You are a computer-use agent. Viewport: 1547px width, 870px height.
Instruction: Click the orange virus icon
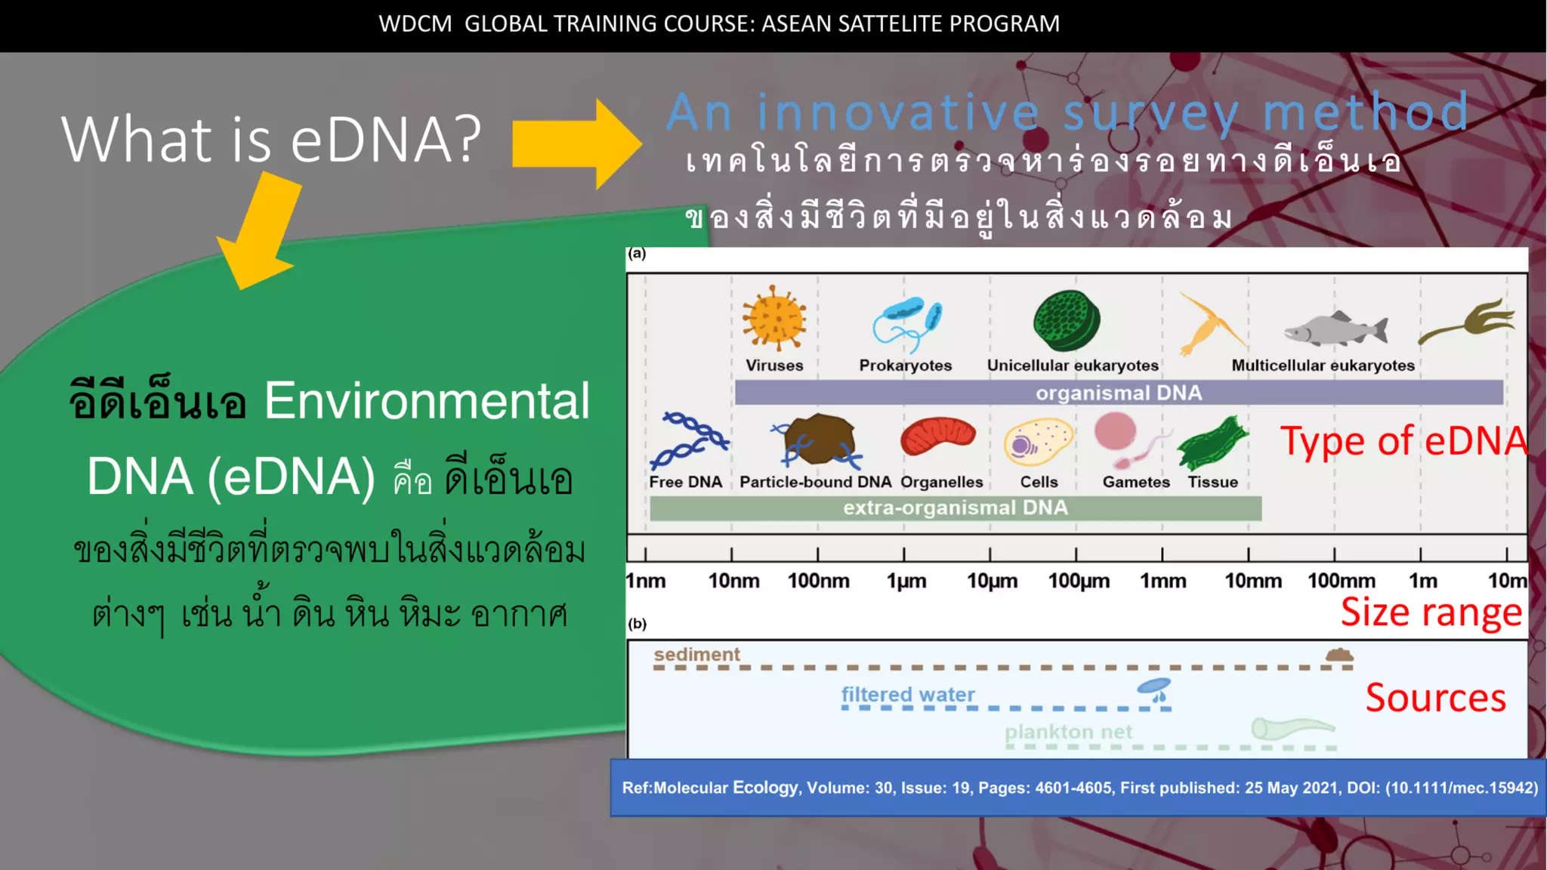pos(774,318)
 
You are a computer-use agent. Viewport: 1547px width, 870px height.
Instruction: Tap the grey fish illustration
pos(1336,329)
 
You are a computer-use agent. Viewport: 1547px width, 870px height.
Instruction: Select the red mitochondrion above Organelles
pos(938,437)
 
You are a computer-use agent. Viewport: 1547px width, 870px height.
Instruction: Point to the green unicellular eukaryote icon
pos(1067,320)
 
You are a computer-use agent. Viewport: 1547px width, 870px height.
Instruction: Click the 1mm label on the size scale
pos(1163,581)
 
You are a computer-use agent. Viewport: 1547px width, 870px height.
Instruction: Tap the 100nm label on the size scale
pos(818,581)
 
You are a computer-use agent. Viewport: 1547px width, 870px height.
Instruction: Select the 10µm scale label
pos(992,581)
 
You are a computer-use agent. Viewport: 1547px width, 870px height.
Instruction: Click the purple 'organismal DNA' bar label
pos(1118,393)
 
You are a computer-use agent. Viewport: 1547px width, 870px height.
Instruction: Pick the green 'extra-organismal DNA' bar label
pos(955,507)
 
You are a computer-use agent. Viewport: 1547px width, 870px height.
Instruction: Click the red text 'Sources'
pos(1435,698)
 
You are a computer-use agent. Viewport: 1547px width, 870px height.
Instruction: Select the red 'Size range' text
pos(1431,612)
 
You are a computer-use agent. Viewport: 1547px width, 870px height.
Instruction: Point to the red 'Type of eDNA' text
pos(1403,441)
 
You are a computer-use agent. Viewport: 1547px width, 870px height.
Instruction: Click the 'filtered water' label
pos(908,694)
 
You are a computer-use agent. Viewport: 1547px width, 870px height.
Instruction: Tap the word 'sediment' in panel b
pos(696,654)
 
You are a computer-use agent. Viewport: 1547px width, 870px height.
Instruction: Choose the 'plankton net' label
pos(1068,732)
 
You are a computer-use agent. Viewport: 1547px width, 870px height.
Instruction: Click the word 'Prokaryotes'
pos(905,366)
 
